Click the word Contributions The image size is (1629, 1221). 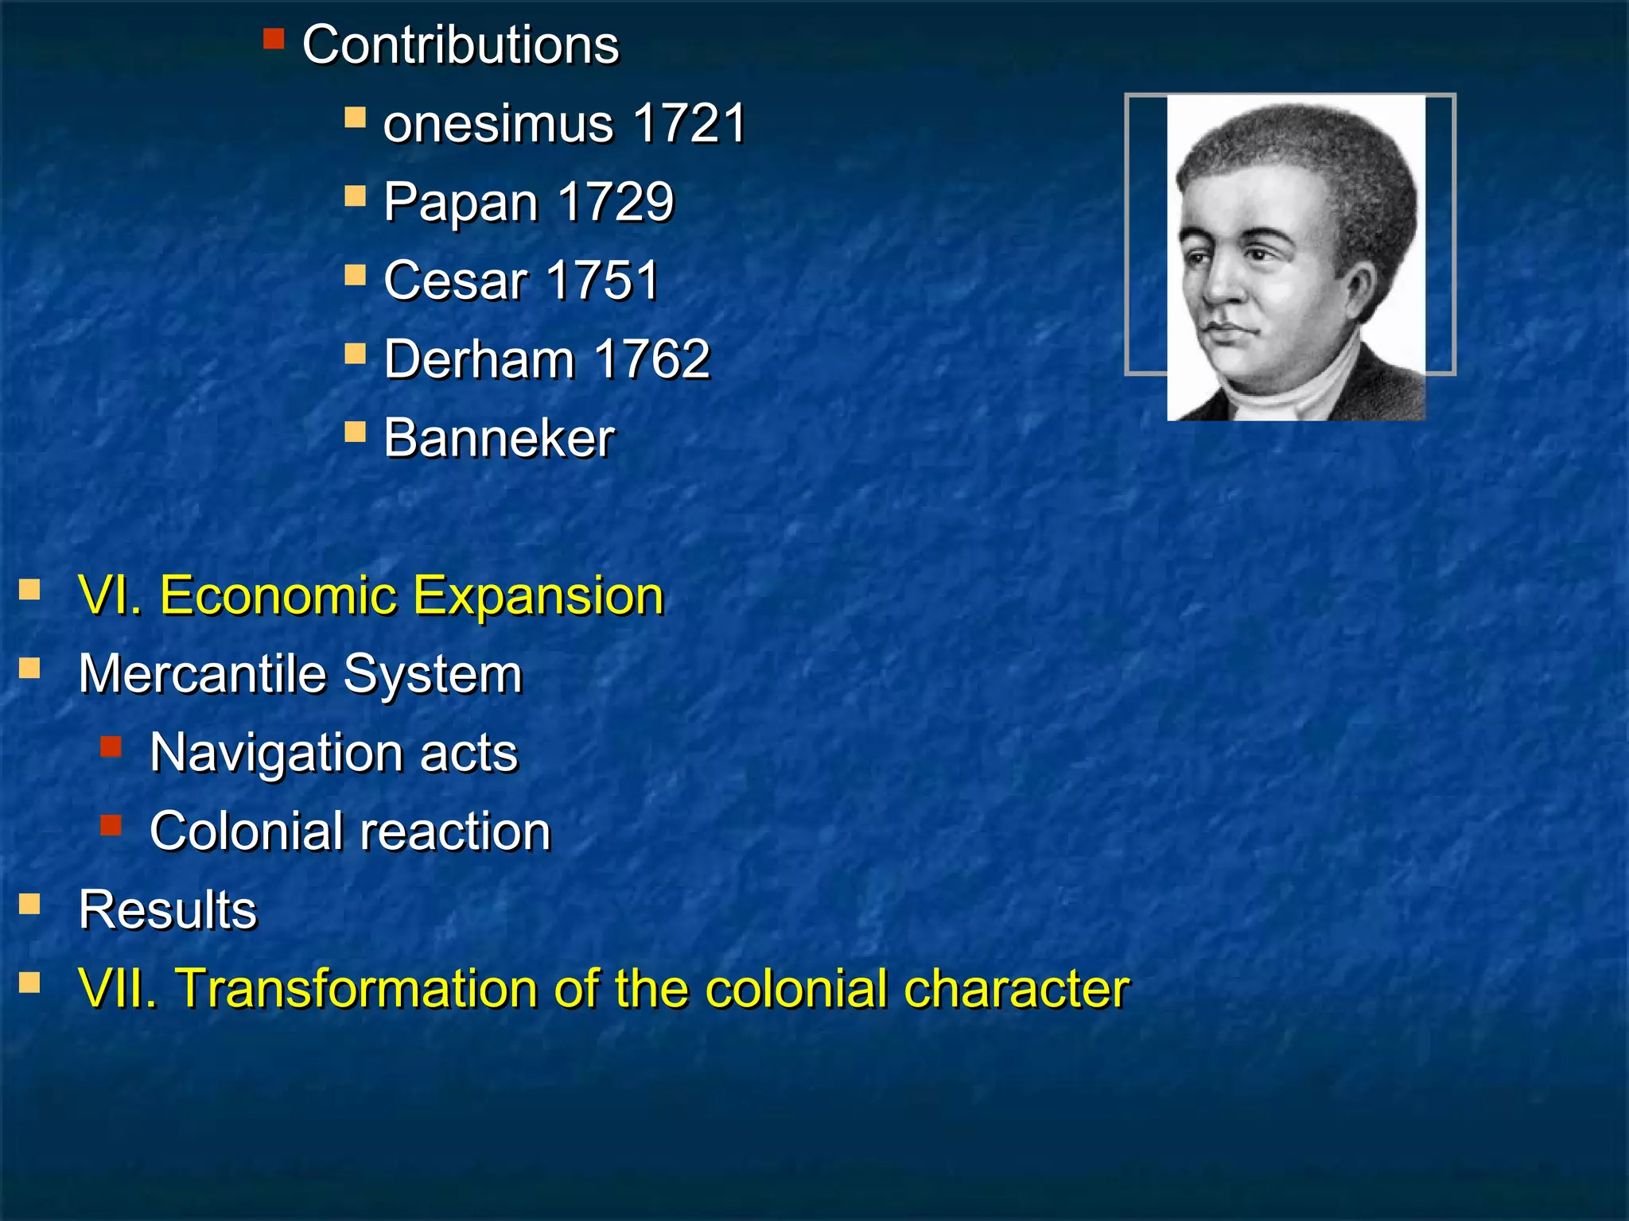(x=460, y=45)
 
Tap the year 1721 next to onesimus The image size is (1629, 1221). (x=690, y=123)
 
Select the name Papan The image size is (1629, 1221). (x=461, y=202)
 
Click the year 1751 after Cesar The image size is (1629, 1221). (x=603, y=281)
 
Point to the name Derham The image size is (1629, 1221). (x=479, y=359)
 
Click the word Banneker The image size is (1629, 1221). (x=499, y=438)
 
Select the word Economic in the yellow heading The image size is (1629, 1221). (x=278, y=595)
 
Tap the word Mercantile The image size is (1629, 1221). (x=202, y=674)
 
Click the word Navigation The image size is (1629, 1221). (x=275, y=753)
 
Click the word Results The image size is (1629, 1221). (x=168, y=909)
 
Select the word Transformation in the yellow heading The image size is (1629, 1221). (x=356, y=988)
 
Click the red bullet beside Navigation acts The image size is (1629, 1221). (x=111, y=746)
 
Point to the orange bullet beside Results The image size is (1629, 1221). (x=29, y=904)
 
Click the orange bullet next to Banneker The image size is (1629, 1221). (x=355, y=432)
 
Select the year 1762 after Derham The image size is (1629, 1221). (x=651, y=359)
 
